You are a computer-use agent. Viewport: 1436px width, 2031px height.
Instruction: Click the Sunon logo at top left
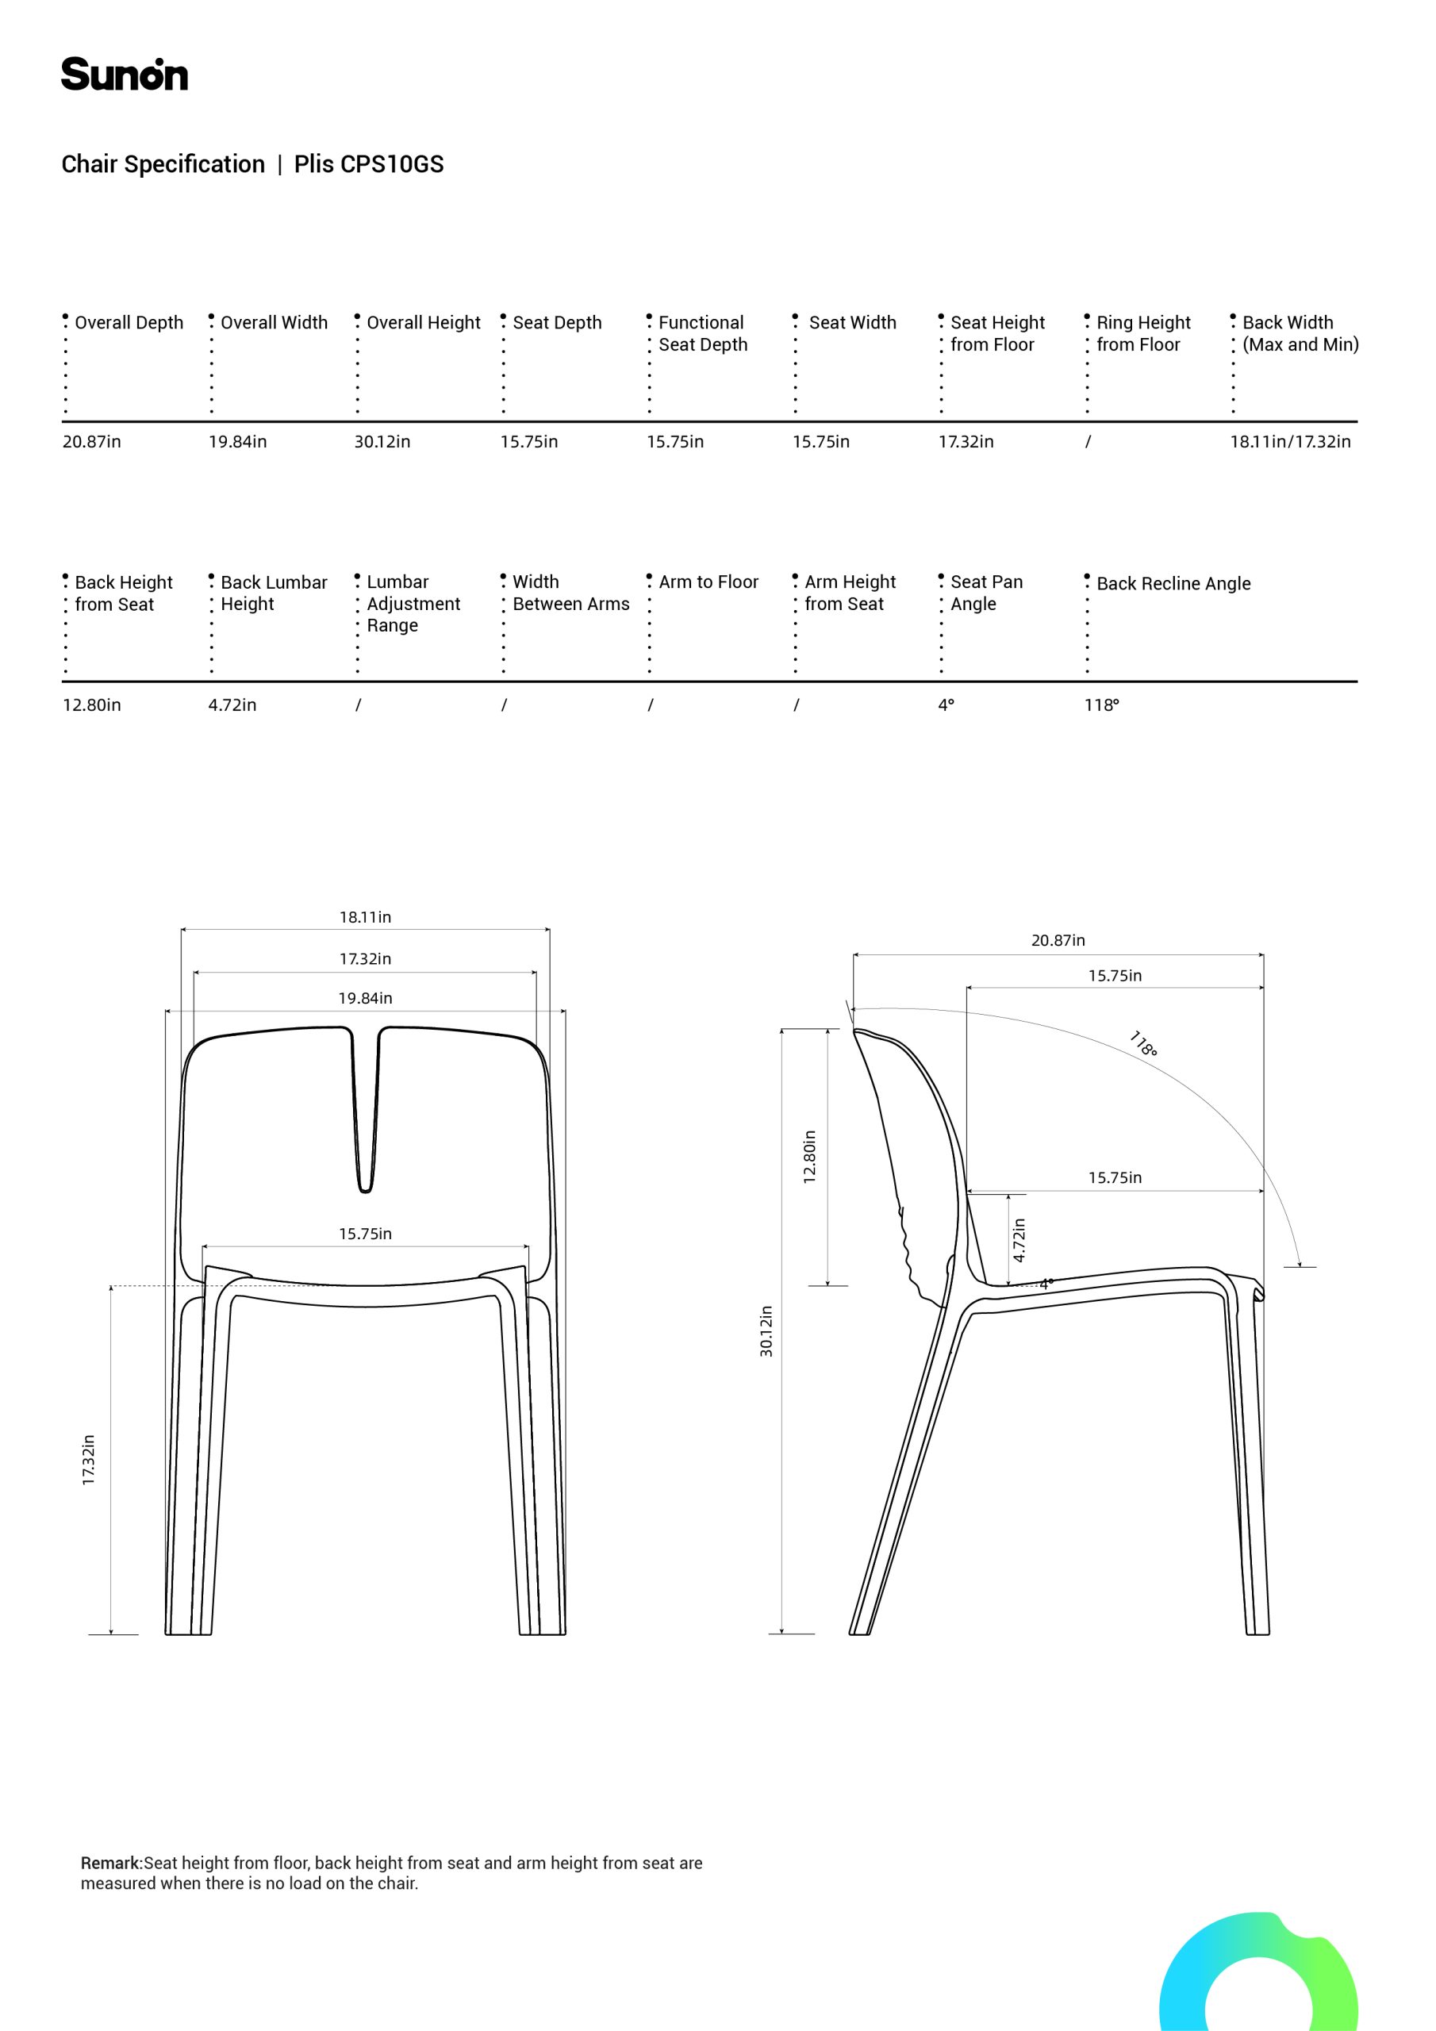(124, 75)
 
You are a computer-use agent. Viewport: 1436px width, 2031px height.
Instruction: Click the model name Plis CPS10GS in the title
(368, 164)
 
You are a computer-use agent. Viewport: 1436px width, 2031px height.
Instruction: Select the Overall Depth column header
(129, 323)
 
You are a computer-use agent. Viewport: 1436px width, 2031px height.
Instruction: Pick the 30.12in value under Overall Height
(382, 441)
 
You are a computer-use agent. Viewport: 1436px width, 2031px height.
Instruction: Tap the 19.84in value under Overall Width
(237, 441)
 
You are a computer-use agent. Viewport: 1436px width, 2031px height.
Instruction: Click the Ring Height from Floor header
(1142, 333)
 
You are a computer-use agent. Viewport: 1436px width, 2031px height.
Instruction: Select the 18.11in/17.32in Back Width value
(1289, 441)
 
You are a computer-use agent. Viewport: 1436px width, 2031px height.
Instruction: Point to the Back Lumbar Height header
(272, 593)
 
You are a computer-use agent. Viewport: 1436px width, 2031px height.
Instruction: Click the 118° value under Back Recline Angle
(1100, 705)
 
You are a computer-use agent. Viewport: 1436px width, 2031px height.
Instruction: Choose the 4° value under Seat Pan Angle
(946, 705)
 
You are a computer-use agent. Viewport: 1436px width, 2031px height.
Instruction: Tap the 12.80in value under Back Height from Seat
(91, 705)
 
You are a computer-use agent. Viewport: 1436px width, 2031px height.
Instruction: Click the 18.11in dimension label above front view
(364, 917)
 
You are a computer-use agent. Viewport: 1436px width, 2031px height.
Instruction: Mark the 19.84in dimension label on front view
(364, 998)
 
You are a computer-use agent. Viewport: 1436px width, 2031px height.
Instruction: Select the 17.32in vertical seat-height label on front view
(89, 1460)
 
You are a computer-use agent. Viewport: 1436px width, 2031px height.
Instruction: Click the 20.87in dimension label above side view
(1058, 940)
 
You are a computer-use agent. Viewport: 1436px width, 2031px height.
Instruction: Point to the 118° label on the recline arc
(1143, 1044)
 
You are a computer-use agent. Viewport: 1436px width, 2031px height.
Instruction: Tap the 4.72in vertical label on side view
(1019, 1239)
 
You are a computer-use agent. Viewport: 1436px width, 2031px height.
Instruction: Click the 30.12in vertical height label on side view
(766, 1331)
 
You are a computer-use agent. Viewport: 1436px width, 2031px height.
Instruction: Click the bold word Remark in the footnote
(110, 1863)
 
